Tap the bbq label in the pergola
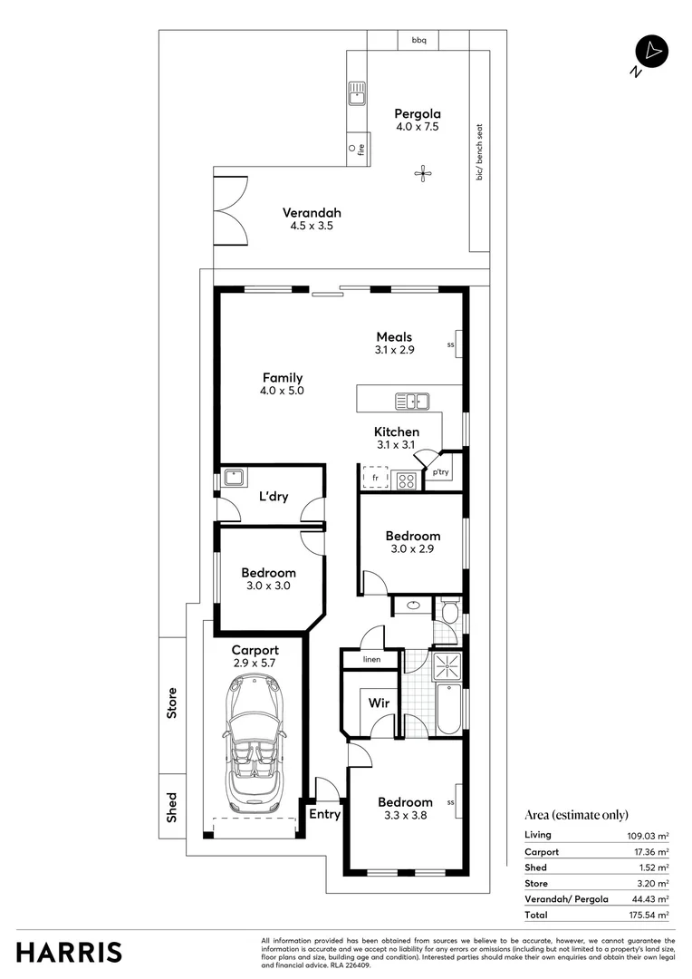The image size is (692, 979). [418, 41]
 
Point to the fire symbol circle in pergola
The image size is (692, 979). [351, 148]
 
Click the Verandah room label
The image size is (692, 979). [312, 213]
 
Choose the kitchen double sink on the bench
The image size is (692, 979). [413, 401]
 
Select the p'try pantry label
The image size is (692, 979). [440, 472]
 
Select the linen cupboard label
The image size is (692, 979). [371, 659]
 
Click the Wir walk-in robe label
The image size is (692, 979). [378, 703]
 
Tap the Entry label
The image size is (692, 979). [324, 814]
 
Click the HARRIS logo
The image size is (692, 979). [70, 952]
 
